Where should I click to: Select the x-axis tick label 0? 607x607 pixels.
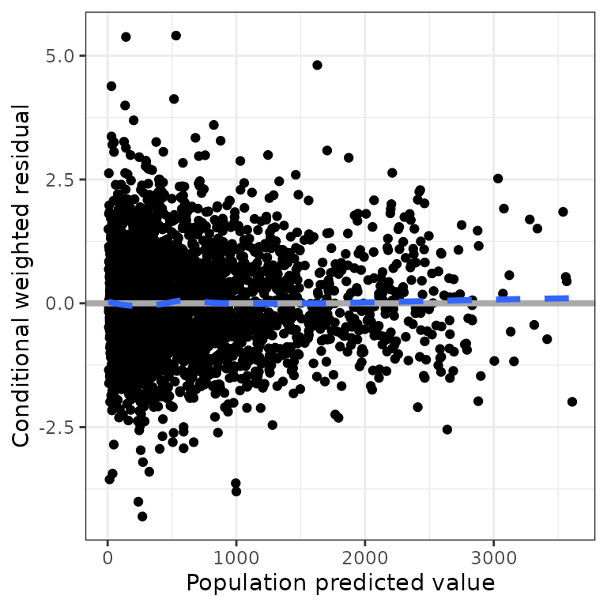(108, 556)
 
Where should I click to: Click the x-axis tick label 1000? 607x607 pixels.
(236, 556)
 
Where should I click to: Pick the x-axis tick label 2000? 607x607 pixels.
(365, 556)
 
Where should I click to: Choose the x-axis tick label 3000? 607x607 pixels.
(493, 556)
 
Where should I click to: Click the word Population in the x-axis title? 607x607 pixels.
(245, 583)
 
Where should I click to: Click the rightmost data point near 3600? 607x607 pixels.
(572, 402)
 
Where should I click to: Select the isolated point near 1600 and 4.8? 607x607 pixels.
(317, 65)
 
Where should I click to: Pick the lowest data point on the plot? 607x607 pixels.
(142, 516)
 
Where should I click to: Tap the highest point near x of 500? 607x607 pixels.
(175, 36)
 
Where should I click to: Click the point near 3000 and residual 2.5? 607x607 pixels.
(498, 179)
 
